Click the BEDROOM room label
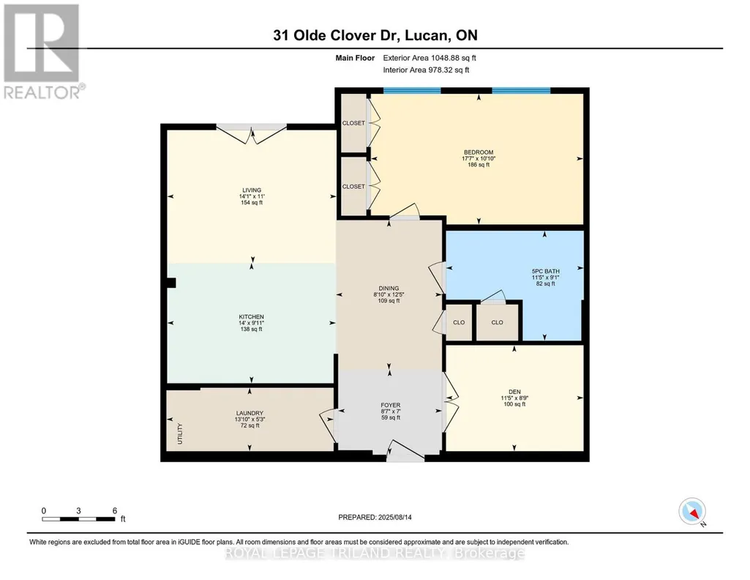point(479,152)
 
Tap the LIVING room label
point(252,190)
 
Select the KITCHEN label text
point(252,317)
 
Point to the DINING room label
point(389,289)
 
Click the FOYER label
point(391,405)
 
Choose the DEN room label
point(514,392)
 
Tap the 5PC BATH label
point(546,272)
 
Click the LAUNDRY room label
point(250,414)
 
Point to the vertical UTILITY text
point(180,434)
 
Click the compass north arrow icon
point(692,512)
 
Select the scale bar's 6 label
point(115,510)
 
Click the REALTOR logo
point(42,52)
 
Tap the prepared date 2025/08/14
point(395,517)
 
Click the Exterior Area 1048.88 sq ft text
point(430,58)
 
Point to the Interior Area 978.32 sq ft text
point(426,70)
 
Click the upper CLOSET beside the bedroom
point(353,123)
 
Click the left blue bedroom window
point(412,91)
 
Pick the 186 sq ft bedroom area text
point(479,165)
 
